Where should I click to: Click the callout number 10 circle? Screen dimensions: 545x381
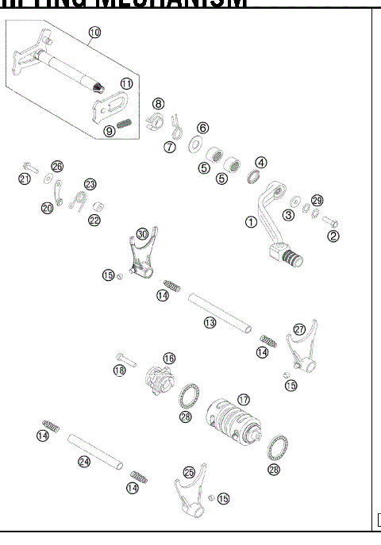click(94, 33)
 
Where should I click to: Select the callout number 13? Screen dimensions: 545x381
click(210, 323)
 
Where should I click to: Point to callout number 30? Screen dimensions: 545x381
click(142, 235)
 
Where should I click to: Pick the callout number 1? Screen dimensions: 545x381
click(251, 222)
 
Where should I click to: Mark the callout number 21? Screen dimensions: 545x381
click(24, 179)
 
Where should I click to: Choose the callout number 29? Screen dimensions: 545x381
click(317, 200)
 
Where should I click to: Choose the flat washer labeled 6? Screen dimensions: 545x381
click(194, 145)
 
